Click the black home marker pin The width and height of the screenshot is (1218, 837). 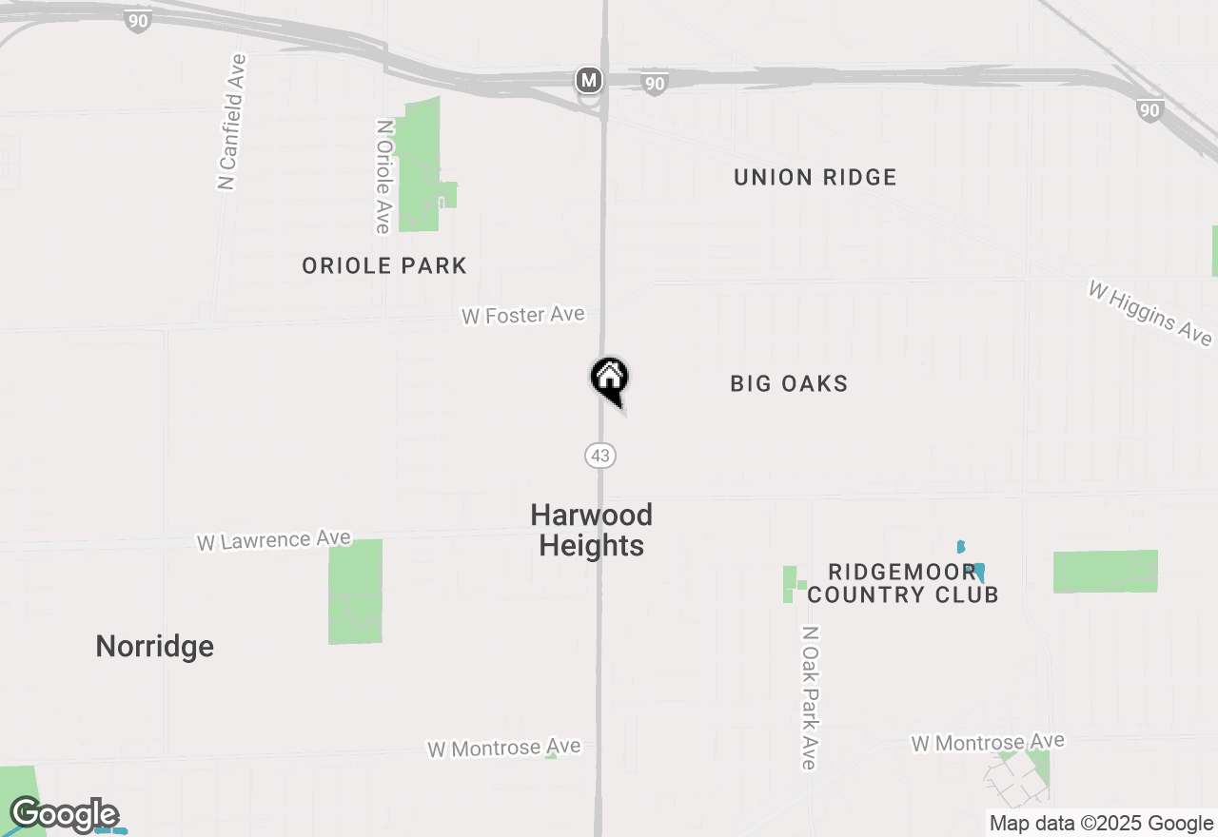point(610,379)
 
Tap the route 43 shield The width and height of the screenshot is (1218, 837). point(600,456)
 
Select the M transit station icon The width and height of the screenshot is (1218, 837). point(590,80)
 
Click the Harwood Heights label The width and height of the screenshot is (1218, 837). point(591,530)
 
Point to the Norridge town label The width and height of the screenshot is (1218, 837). point(155,647)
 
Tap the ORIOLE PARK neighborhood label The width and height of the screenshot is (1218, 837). point(384,266)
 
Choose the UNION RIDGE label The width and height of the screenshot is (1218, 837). point(815,178)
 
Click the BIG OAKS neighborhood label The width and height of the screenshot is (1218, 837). point(789,384)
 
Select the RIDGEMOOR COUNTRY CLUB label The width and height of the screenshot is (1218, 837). point(902,583)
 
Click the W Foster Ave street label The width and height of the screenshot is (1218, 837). point(522,315)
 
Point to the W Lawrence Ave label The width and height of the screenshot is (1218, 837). point(274,540)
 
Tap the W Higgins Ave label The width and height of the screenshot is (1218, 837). point(1150,313)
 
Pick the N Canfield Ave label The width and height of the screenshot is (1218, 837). point(231,122)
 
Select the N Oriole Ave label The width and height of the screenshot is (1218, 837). point(383,176)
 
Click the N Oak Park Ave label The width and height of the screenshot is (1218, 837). point(809,697)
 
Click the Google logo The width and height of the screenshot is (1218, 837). point(64,815)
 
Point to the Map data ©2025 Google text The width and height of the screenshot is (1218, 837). point(1101,824)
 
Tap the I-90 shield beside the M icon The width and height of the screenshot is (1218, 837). point(654,84)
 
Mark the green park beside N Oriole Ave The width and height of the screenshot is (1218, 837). point(420,166)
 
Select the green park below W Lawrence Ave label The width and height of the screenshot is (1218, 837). point(355,591)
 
